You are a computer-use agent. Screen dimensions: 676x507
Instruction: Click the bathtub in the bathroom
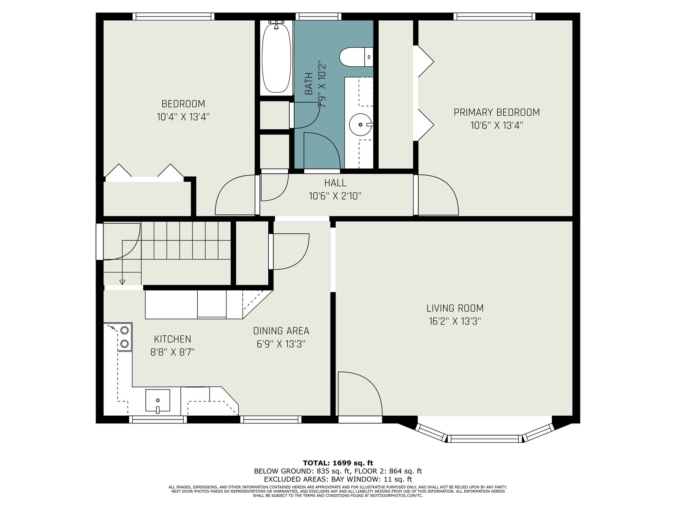pos(276,57)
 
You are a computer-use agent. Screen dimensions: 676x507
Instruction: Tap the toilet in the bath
pos(356,57)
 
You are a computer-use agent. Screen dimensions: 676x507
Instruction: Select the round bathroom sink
pos(360,124)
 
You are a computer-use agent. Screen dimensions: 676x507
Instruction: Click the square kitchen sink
pos(158,400)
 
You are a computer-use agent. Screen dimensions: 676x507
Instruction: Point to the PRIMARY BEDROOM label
pos(496,112)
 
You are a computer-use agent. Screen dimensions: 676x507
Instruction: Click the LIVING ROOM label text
pos(455,308)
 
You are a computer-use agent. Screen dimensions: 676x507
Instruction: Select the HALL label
pos(335,183)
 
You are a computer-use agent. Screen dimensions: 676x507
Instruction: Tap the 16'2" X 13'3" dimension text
pos(455,322)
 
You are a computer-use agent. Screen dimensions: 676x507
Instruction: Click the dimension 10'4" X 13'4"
pos(183,117)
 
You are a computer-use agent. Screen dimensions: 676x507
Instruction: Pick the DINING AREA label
pos(281,331)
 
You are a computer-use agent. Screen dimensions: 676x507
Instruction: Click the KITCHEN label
pos(172,339)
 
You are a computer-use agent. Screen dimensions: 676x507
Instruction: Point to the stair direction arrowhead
pos(122,282)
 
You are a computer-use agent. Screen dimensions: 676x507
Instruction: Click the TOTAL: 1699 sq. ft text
pos(338,463)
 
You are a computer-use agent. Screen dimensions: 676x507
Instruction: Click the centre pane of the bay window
pos(485,439)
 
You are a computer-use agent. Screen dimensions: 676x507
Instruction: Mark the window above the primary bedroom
pos(494,16)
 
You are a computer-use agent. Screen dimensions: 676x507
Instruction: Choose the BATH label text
pos(308,83)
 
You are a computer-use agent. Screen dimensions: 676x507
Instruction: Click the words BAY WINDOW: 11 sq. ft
pos(371,479)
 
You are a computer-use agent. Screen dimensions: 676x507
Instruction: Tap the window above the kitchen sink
pos(158,419)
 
